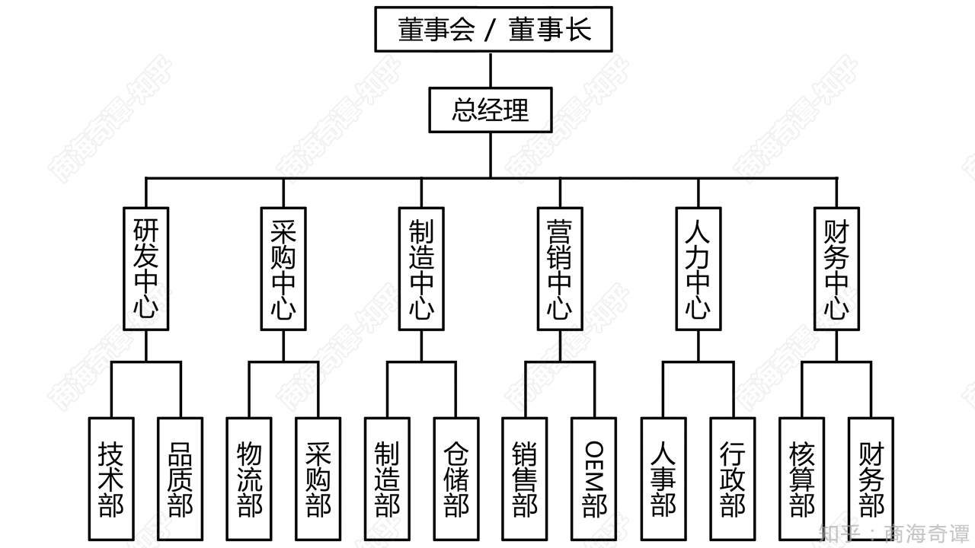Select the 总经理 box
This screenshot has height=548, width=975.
(x=490, y=110)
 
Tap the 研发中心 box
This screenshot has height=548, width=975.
(x=145, y=269)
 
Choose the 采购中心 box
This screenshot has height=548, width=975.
(x=283, y=269)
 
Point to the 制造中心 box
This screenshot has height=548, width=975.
(x=421, y=269)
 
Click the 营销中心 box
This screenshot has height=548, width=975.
(x=560, y=269)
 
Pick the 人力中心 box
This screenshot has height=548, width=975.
(x=698, y=269)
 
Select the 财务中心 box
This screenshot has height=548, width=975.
(x=836, y=269)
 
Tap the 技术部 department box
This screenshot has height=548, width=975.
(x=111, y=479)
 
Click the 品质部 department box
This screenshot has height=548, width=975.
(x=181, y=479)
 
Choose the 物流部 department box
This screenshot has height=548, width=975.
(x=249, y=479)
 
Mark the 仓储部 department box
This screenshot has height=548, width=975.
(x=456, y=479)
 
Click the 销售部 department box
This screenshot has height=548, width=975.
(x=525, y=479)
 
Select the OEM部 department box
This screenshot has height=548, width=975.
(x=594, y=479)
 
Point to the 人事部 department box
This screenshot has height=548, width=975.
(x=663, y=479)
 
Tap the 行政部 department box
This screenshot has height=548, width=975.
(x=733, y=479)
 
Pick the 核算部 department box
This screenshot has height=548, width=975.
(x=802, y=479)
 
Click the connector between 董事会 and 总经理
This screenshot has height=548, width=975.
(x=491, y=69)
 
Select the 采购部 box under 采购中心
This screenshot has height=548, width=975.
(x=318, y=479)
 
